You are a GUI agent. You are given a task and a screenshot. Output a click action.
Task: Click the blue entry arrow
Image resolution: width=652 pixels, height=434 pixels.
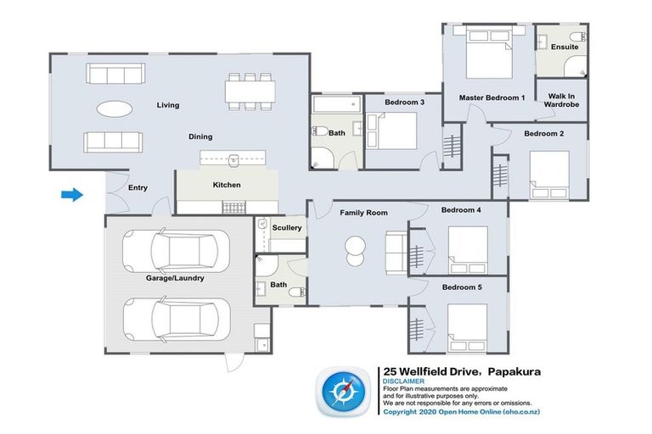(x=72, y=194)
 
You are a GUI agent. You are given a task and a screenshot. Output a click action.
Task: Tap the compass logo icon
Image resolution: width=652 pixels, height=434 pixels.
(x=344, y=392)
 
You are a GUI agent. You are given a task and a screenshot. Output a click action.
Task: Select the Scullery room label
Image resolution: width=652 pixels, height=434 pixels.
(x=287, y=227)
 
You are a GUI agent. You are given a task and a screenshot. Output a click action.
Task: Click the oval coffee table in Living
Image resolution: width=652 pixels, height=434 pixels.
(x=115, y=109)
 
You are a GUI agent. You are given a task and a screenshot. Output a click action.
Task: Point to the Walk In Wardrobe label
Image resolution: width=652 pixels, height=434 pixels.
(x=561, y=100)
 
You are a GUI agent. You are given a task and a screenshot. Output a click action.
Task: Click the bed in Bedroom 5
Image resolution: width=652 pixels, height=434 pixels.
(x=468, y=329)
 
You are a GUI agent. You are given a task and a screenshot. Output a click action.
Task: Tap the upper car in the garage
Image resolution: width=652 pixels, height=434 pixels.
(x=176, y=251)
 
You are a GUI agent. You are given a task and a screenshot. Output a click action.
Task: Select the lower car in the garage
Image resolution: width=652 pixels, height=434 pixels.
(x=177, y=320)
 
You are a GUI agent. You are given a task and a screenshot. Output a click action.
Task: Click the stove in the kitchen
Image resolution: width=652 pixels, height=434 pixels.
(x=234, y=207)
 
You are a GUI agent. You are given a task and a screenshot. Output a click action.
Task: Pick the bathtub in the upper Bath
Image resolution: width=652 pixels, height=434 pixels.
(x=337, y=104)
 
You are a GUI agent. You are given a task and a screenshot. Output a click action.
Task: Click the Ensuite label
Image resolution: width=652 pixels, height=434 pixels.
(x=565, y=47)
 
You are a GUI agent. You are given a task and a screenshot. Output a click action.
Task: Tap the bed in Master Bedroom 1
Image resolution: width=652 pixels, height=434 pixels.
(x=489, y=52)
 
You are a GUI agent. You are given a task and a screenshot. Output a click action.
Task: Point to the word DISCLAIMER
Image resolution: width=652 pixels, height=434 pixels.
(x=404, y=381)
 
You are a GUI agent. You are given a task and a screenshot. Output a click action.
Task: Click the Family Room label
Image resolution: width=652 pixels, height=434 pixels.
(x=364, y=213)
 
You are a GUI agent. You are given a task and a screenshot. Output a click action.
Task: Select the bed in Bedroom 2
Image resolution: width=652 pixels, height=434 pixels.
(x=549, y=175)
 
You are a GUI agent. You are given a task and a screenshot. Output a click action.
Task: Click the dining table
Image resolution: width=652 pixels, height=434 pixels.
(x=250, y=92)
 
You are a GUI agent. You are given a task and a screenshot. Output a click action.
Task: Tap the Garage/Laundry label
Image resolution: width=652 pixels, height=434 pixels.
(x=175, y=278)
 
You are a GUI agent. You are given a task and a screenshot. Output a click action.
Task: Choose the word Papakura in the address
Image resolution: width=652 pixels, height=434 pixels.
(x=514, y=371)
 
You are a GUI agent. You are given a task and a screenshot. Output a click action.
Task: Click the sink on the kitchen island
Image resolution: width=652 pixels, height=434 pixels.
(x=234, y=159)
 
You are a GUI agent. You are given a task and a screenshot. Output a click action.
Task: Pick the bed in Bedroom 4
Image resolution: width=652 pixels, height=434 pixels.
(x=469, y=250)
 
